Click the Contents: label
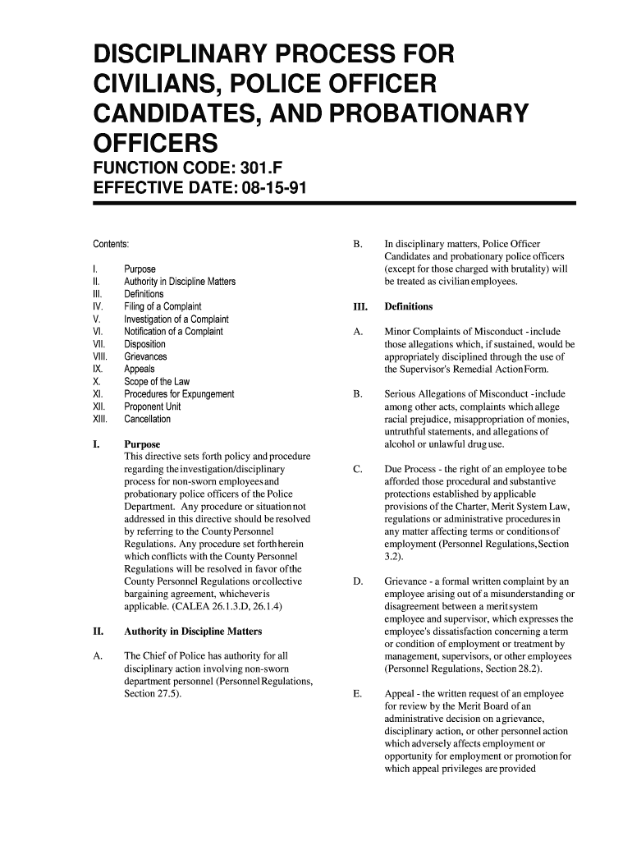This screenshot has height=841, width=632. pyautogui.click(x=110, y=245)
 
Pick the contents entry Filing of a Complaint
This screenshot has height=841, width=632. pyautogui.click(x=163, y=306)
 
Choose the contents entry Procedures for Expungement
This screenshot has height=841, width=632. pyautogui.click(x=179, y=394)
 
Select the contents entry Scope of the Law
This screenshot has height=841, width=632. pyautogui.click(x=157, y=382)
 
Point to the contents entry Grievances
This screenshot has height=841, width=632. pyautogui.click(x=145, y=356)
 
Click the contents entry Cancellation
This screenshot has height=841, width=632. pyautogui.click(x=148, y=419)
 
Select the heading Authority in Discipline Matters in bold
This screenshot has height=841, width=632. pyautogui.click(x=193, y=632)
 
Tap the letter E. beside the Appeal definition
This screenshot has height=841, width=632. pyautogui.click(x=356, y=694)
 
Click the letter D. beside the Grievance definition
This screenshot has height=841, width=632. pyautogui.click(x=356, y=581)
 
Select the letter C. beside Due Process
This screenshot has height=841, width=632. pyautogui.click(x=356, y=469)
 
